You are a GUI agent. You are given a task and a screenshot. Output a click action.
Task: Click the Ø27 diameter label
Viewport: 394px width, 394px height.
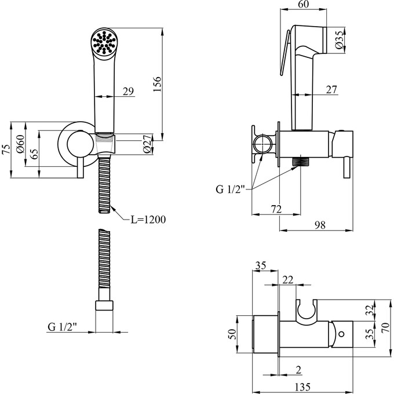click(x=147, y=143)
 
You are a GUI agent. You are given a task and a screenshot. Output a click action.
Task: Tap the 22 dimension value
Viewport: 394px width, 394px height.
click(x=288, y=280)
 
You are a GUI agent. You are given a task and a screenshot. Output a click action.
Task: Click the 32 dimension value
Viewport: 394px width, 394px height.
click(x=370, y=309)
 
